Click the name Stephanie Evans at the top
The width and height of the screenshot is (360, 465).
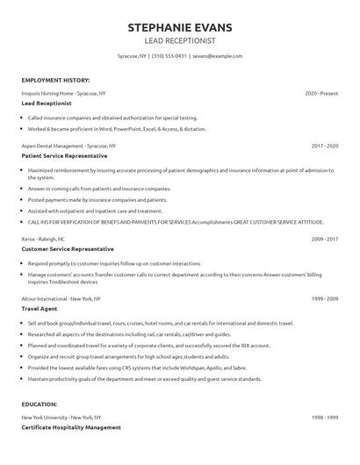coord(180,27)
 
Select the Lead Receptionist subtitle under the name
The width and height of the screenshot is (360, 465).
coord(180,40)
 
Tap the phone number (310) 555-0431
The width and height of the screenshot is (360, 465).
coord(168,55)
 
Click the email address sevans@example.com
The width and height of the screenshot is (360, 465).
coord(218,55)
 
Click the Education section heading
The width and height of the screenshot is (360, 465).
coord(40,404)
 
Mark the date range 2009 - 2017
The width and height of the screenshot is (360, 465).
coord(324,239)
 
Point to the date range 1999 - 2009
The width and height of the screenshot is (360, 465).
coord(324,298)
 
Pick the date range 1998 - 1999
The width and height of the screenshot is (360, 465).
coord(324,418)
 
